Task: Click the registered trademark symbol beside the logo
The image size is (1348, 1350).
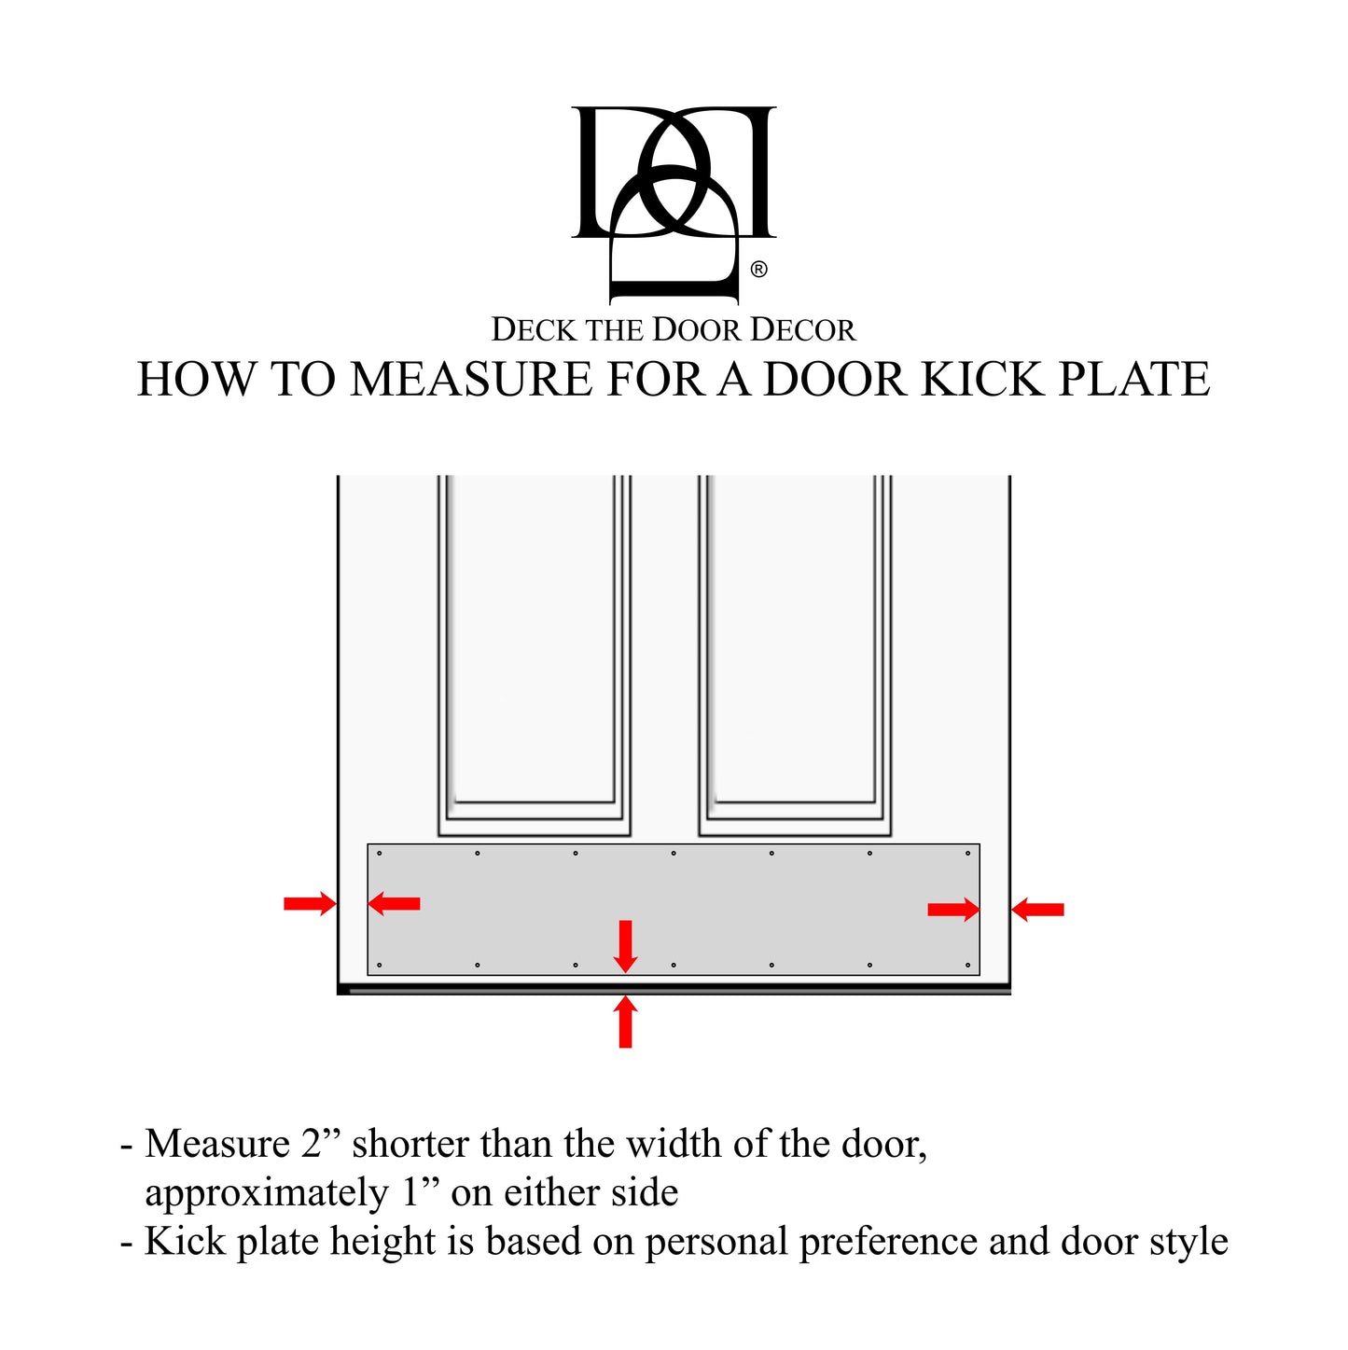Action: (x=758, y=270)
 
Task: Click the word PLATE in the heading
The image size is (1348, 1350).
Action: (x=1133, y=380)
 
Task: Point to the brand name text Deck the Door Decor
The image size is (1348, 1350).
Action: (x=673, y=330)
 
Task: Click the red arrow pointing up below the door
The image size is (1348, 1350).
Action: (x=626, y=1021)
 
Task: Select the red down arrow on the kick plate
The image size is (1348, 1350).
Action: (x=626, y=946)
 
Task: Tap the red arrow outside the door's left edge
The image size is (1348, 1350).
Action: (x=310, y=903)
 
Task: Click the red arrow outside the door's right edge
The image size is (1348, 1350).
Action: (x=1037, y=909)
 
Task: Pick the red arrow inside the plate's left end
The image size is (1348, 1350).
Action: (x=394, y=903)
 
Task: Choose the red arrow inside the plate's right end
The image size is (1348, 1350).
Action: (x=953, y=910)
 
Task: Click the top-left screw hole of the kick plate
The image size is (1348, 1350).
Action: (x=379, y=853)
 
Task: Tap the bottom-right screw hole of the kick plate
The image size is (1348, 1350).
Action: (x=967, y=966)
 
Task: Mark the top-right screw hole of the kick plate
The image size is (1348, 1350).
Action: (x=967, y=853)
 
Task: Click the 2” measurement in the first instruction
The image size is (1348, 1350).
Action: (x=321, y=1144)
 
